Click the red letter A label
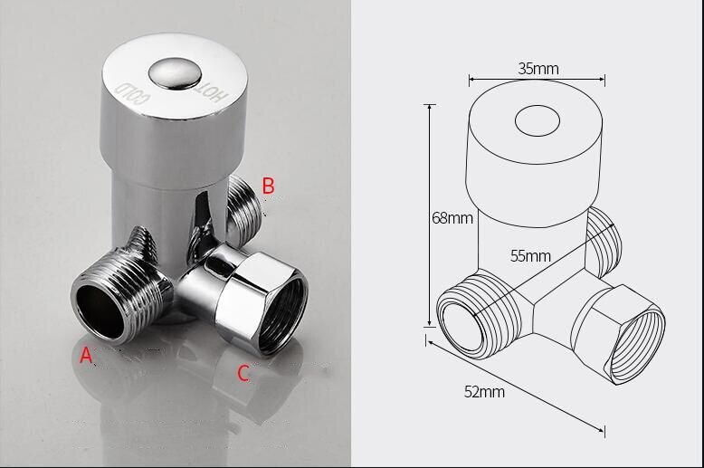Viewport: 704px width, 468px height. click(87, 356)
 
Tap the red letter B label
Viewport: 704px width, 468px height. click(268, 186)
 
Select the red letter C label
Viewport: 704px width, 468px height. click(243, 372)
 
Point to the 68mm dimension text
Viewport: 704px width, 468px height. click(452, 218)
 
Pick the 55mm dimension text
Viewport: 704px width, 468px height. click(530, 255)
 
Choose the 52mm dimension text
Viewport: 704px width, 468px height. click(485, 392)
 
